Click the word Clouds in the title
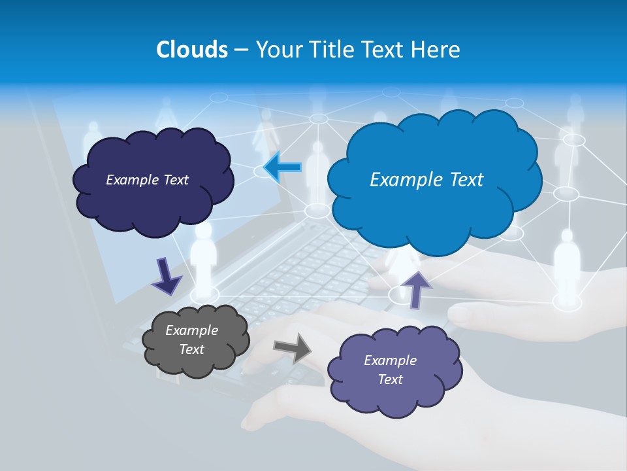192,50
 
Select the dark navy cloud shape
153,203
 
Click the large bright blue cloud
434,209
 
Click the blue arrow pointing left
282,167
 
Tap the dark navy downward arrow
166,275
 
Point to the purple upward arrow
417,288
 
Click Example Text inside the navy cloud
147,179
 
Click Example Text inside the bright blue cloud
426,179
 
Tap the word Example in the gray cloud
191,330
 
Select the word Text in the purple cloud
390,379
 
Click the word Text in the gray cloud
191,349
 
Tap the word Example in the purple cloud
390,360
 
